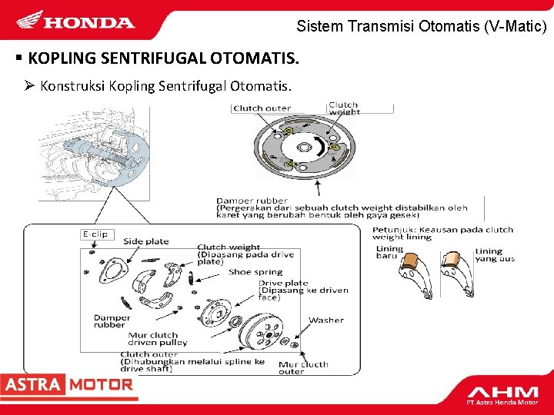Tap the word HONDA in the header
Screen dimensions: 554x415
[89, 22]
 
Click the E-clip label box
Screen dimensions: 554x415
[95, 234]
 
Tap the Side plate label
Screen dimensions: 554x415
[146, 241]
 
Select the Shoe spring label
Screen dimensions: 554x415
[255, 271]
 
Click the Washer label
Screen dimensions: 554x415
[325, 320]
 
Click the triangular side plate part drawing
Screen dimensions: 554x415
[113, 271]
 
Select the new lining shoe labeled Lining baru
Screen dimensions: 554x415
[413, 269]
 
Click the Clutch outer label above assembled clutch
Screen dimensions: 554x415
[262, 108]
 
